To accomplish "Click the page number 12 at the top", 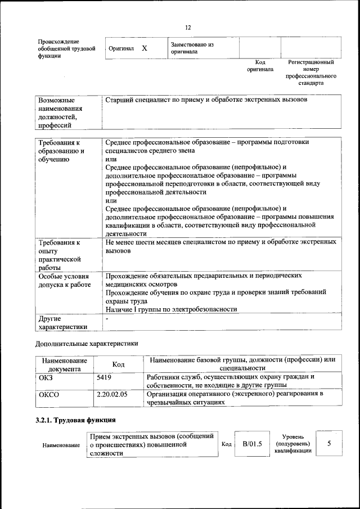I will [188, 28].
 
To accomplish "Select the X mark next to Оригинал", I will [144, 48].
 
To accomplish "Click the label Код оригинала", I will [260, 66].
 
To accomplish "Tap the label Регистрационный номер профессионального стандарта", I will [311, 73].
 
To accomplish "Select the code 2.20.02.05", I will [112, 394].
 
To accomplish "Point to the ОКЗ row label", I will [45, 377].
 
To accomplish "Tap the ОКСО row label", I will [48, 394].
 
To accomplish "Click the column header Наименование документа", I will [64, 364].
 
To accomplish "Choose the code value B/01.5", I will [253, 444].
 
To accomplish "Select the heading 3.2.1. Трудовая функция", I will [75, 420].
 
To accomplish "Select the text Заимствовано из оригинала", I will [192, 48].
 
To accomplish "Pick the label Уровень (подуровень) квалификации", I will [293, 444].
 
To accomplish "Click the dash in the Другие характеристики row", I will [107, 318].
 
